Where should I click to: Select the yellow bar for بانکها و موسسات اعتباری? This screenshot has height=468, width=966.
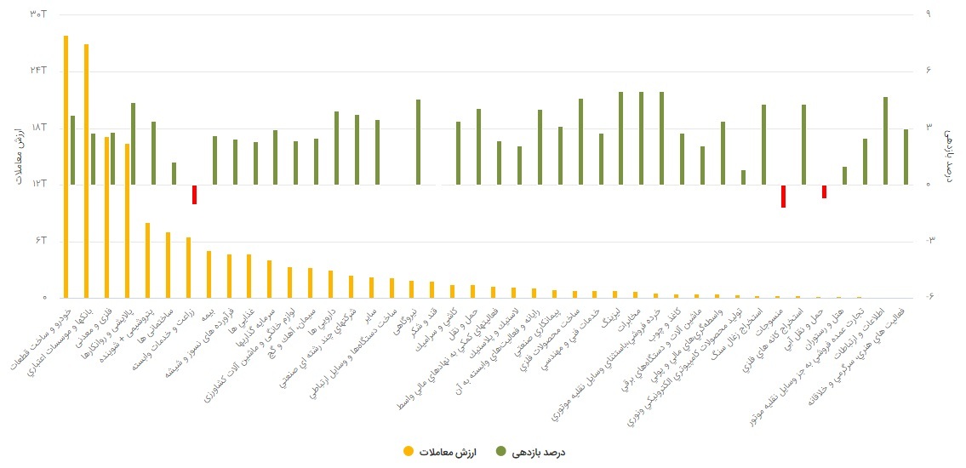(x=87, y=170)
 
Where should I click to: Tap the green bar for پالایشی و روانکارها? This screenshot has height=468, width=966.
(x=133, y=144)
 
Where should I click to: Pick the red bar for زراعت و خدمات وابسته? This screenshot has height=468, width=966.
(x=194, y=195)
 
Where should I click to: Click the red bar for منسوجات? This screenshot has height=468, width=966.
(x=783, y=197)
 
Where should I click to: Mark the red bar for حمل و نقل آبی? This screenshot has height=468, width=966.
(x=824, y=191)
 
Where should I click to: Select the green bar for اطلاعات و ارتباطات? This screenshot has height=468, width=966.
(x=885, y=140)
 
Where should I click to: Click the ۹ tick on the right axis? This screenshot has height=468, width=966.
(x=928, y=14)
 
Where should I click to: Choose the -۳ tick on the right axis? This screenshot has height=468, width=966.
(x=929, y=241)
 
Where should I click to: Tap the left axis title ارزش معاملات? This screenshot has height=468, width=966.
(x=16, y=155)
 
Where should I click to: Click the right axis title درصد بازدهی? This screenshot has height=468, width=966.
(x=951, y=155)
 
